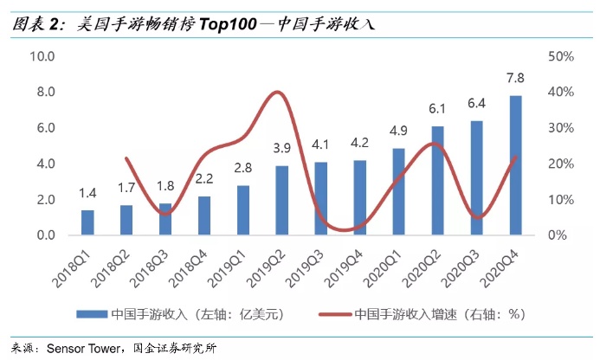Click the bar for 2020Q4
coord(515,165)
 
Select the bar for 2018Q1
coord(87,222)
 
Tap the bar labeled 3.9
coord(282,201)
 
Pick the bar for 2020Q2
coord(438,181)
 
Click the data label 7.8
coord(515,79)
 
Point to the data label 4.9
coord(398,132)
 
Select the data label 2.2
coord(204,179)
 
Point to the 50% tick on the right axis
coord(562,56)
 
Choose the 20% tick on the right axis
coord(562,164)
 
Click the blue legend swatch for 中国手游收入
coord(93,312)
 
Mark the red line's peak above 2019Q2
coord(277,92)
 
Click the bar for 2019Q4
coord(360,198)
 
